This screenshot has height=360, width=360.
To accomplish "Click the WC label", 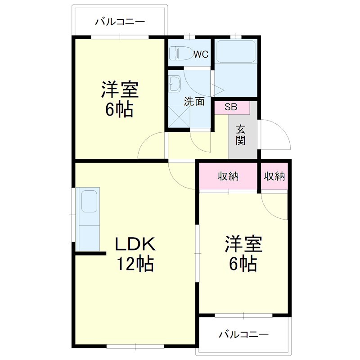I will click(x=201, y=54).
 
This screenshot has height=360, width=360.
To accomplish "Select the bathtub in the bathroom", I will click(x=236, y=51).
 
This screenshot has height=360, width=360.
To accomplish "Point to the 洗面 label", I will click(x=194, y=102).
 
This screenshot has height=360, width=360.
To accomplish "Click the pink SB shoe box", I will click(x=231, y=108).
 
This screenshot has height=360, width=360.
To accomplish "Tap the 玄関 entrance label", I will click(x=241, y=135).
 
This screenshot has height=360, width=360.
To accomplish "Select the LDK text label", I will click(x=135, y=244).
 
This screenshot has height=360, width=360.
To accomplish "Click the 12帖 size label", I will click(x=135, y=263).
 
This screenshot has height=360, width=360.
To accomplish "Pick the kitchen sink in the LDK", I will click(x=89, y=200).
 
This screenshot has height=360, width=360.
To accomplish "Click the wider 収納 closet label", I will click(x=228, y=176).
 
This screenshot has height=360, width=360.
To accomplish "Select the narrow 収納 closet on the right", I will click(x=274, y=176).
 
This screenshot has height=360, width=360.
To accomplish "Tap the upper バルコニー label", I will click(x=120, y=21).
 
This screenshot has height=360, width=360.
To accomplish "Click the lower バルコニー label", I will click(x=244, y=335).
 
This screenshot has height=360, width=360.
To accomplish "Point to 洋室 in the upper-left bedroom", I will click(x=119, y=90).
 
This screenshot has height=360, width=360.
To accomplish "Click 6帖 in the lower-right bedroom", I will click(x=243, y=263).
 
